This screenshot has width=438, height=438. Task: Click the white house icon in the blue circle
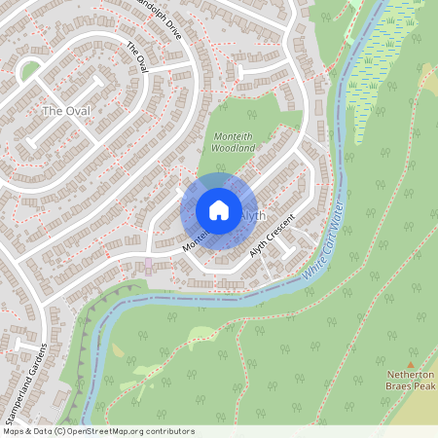tap(219, 210)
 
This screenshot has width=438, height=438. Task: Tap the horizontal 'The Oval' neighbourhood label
tap(66, 111)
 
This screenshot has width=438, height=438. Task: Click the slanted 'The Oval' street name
tap(136, 56)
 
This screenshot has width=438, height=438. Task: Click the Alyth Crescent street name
tap(272, 236)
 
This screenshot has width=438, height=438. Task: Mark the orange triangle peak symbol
tap(410, 364)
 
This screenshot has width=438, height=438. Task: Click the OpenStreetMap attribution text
tap(97, 431)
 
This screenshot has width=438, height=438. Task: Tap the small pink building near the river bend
tap(148, 263)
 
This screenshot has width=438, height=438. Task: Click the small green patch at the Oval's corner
tap(30, 70)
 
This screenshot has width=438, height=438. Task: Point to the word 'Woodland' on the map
tap(234, 147)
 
